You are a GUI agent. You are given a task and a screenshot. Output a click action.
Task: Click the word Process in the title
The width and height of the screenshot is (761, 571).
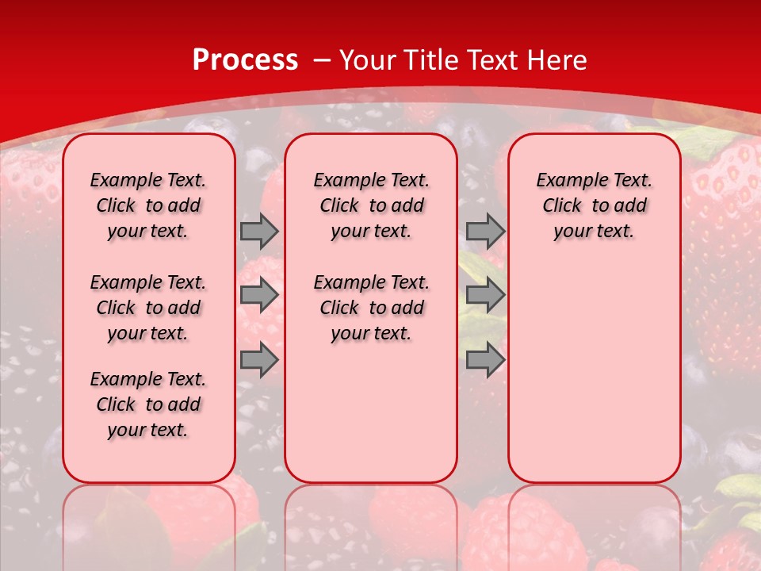pos(245,60)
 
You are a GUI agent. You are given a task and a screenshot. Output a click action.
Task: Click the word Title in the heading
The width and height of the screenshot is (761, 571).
pos(433,60)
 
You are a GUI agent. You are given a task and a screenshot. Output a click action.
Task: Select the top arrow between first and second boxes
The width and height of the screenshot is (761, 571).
pos(259,231)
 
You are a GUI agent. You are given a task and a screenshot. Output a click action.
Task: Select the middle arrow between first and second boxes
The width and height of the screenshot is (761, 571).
pos(259,295)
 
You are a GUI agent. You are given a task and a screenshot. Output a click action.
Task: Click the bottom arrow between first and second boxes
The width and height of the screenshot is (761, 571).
pos(259,360)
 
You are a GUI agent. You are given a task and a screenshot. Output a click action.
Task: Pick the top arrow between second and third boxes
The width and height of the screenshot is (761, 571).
pos(485,231)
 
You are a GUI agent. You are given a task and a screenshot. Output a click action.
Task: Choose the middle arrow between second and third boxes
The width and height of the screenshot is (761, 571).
pos(485,295)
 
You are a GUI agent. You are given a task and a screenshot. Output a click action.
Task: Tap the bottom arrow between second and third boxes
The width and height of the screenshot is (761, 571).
pos(485,360)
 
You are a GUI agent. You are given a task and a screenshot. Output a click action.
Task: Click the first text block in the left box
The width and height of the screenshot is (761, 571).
pos(148,205)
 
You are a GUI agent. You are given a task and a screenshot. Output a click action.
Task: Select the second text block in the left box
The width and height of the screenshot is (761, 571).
pos(148,308)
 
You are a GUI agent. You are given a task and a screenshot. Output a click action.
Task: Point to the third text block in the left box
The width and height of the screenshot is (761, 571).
pos(148,404)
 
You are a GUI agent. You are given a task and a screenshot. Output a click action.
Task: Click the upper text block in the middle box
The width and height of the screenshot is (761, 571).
pos(371,205)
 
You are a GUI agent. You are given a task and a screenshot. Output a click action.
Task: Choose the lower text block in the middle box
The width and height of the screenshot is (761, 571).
pos(371,308)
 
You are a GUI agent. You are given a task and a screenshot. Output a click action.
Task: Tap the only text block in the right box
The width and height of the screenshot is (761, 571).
pos(594,205)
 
